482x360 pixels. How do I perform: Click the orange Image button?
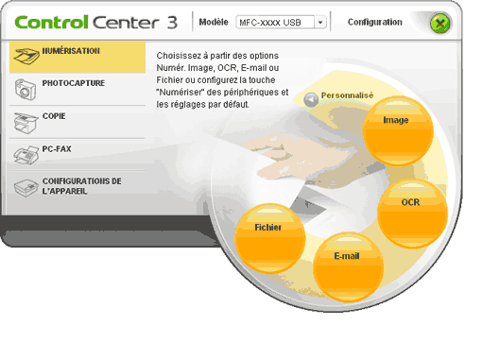[x=398, y=130]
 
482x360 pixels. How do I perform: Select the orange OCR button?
[x=412, y=214]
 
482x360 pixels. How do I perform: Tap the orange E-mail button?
[x=349, y=267]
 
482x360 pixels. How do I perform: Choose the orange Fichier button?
[x=270, y=238]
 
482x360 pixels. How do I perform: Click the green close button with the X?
[x=440, y=23]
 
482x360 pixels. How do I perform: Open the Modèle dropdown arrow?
[x=320, y=23]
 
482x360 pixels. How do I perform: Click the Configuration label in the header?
[x=375, y=22]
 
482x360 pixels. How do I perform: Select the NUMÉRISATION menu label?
[x=71, y=51]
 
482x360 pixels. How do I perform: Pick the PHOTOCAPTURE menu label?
[x=74, y=83]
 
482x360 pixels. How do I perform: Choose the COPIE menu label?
[x=54, y=116]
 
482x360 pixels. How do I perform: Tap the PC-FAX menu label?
[x=57, y=148]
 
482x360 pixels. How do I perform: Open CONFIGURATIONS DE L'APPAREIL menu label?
[x=81, y=186]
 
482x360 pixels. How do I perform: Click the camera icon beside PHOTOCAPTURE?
[x=25, y=90]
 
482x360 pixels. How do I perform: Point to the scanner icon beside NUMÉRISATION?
[x=26, y=56]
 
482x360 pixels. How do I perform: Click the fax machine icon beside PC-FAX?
[x=26, y=155]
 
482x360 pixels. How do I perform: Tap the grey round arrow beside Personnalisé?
[x=311, y=99]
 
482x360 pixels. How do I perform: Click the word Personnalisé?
[x=347, y=95]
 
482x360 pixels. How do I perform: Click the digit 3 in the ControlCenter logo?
[x=172, y=23]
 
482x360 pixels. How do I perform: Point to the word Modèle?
[x=214, y=22]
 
